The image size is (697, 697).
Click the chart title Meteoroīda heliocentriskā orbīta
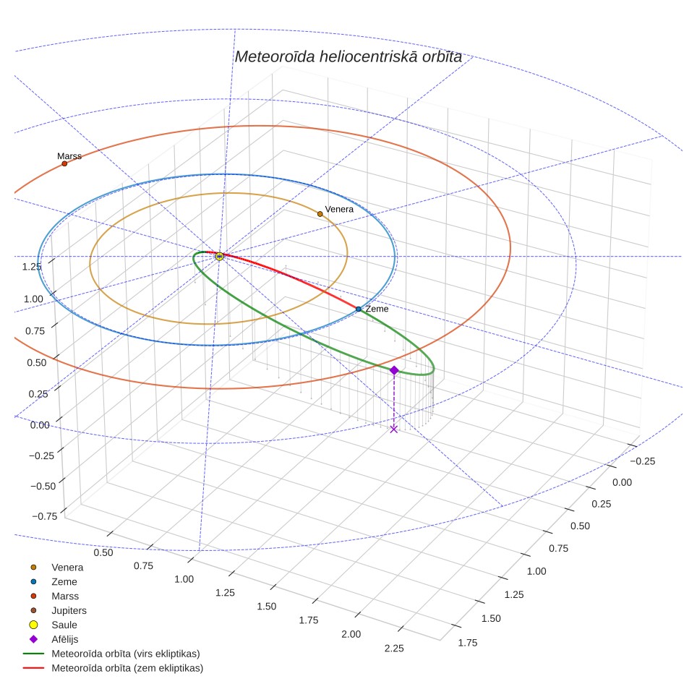coord(348,57)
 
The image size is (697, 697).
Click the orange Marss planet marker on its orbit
coord(64,163)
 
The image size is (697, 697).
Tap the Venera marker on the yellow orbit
coord(320,214)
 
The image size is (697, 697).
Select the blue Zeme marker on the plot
coord(359,309)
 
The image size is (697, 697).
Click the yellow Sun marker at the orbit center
coord(219,256)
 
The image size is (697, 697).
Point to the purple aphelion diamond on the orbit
coord(394,370)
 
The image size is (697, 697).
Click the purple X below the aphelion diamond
coord(393,429)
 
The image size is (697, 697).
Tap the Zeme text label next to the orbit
coord(377,309)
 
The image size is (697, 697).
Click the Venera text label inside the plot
coord(339,209)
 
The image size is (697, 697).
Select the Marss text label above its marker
coord(69,156)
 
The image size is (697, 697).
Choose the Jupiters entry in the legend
coord(69,610)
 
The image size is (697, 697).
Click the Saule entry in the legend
coord(64,625)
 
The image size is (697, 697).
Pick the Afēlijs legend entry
coord(65,639)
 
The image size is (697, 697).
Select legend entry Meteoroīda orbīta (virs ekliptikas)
coord(126,654)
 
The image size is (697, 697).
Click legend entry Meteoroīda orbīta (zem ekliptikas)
coord(127,668)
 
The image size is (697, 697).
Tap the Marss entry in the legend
coord(65,596)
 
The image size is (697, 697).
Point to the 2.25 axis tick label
coord(394,648)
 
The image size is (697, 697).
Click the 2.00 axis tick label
coord(351,634)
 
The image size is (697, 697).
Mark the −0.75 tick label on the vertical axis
coord(44,516)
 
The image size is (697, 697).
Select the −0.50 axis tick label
coord(43,486)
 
